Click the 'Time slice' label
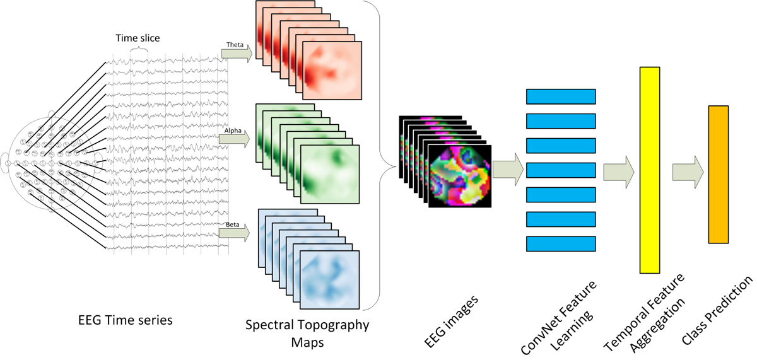coord(137,38)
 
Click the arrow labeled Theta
coord(236,54)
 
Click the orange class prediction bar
coord(718,174)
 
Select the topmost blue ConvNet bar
coord(561,96)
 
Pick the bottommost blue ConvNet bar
coord(561,243)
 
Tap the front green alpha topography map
coord(329,174)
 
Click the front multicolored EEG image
coord(461,175)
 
